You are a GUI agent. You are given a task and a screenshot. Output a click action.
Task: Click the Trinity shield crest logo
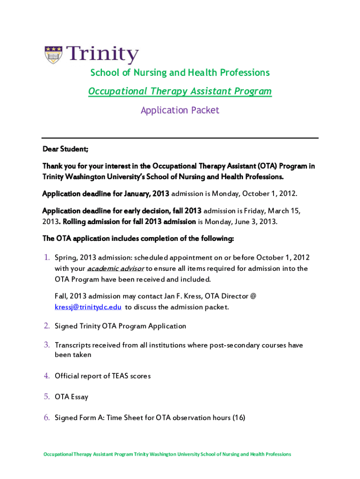tap(54, 55)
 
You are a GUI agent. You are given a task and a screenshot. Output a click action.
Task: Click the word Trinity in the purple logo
tap(102, 55)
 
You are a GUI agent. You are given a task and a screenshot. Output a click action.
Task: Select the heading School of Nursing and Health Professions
tap(180, 73)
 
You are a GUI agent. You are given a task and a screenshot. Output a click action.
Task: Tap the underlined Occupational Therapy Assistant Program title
tap(180, 91)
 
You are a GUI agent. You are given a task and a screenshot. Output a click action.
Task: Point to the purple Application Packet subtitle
tap(180, 110)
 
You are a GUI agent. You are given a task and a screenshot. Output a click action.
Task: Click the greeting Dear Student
tap(65, 149)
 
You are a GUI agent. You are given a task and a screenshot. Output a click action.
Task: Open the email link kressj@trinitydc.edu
tap(88, 307)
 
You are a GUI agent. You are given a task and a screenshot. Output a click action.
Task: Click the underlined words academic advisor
tap(116, 269)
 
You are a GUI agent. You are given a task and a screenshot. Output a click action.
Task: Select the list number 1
tap(47, 258)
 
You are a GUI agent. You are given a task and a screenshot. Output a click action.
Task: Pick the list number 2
tap(47, 326)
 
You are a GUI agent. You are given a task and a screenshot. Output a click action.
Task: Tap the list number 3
tap(47, 345)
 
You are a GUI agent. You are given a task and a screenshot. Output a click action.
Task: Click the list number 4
tap(47, 376)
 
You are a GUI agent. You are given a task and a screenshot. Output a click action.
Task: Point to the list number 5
tap(47, 397)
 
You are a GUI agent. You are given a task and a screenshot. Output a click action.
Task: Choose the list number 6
tap(47, 418)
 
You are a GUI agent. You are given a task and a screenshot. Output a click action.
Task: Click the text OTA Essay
tap(72, 397)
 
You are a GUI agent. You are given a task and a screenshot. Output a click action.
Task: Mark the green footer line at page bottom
tap(167, 454)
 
